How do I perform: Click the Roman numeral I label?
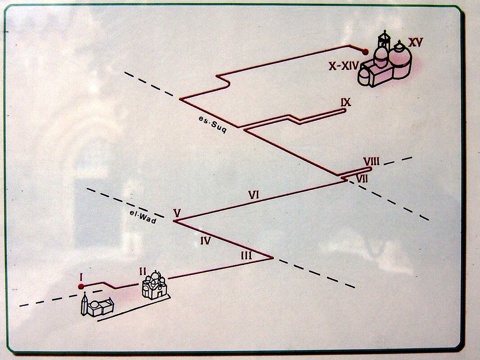(81, 277)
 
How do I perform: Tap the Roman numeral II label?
(143, 271)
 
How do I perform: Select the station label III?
(247, 255)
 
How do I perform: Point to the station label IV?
(206, 241)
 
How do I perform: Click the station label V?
(176, 213)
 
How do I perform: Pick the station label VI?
(254, 195)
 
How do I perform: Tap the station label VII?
(362, 178)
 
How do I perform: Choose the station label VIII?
(371, 162)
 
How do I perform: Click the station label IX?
(346, 103)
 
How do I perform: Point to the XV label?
(416, 43)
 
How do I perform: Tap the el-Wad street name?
(143, 216)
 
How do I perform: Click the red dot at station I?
(81, 287)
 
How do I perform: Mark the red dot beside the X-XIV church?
(365, 52)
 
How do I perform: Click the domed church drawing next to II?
(154, 285)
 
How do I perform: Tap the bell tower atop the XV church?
(385, 39)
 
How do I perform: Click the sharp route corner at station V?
(174, 220)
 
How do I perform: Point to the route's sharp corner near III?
(273, 258)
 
